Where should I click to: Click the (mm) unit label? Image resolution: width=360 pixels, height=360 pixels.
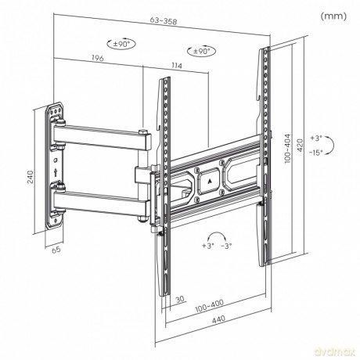click(x=333, y=16)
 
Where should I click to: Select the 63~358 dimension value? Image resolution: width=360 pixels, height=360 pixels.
click(x=164, y=21)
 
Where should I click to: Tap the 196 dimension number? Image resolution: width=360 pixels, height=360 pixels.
click(x=98, y=58)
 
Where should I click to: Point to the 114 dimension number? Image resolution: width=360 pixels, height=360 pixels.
click(x=176, y=66)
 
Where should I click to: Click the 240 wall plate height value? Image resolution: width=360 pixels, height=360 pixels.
click(x=31, y=177)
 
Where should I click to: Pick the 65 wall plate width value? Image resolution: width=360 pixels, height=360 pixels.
click(x=56, y=250)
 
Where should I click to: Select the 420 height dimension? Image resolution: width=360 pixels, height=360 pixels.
click(x=300, y=146)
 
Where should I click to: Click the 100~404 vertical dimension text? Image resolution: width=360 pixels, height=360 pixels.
click(x=287, y=148)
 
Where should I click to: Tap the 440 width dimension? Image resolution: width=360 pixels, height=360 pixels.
click(x=218, y=319)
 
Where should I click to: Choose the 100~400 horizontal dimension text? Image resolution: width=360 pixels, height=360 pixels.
click(x=210, y=306)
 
